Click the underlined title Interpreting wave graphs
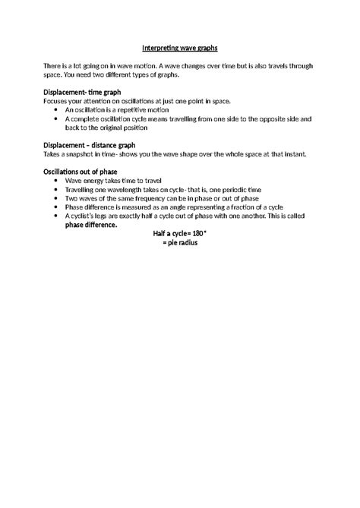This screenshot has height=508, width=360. [179, 48]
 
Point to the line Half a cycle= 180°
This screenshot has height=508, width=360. [179, 234]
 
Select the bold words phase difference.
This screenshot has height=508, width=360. [91, 225]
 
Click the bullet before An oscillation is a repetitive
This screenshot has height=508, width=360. [58, 109]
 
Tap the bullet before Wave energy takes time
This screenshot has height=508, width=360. [58, 181]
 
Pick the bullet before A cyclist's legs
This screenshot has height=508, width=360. [58, 216]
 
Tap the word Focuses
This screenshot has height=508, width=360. [58, 100]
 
